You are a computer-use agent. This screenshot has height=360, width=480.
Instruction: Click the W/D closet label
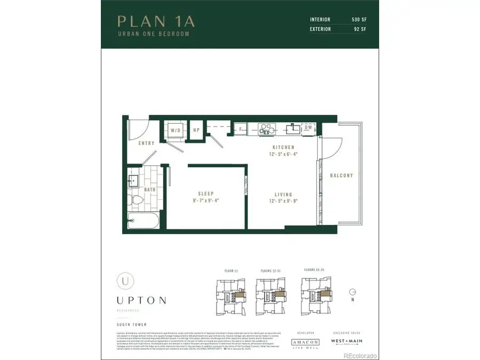pyautogui.click(x=175, y=130)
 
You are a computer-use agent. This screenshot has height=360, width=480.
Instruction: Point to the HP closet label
pyautogui.click(x=196, y=130)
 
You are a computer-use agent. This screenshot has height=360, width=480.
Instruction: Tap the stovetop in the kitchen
pyautogui.click(x=266, y=129)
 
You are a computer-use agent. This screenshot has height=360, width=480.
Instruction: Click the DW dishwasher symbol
pyautogui.click(x=308, y=129)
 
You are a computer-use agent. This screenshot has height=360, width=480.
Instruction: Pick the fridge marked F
pyautogui.click(x=241, y=129)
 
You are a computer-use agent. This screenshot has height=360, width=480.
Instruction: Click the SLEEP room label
pyautogui.click(x=206, y=194)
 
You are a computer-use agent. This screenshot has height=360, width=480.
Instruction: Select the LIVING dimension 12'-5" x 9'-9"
pyautogui.click(x=283, y=202)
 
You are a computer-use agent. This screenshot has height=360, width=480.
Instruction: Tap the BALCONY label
pyautogui.click(x=341, y=175)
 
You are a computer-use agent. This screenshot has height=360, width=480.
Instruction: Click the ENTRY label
pyautogui.click(x=146, y=143)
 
